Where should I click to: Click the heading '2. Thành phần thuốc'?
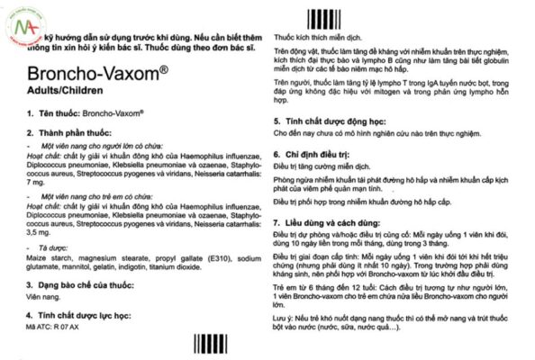[x=55, y=132]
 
